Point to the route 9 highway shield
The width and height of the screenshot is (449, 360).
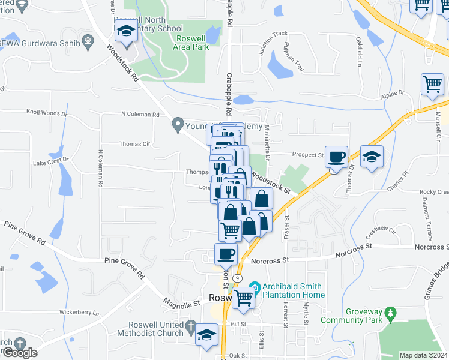coord(238,278)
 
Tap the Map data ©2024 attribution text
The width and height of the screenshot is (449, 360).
coord(424,355)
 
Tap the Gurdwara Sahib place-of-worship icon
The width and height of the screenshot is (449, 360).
coord(89,41)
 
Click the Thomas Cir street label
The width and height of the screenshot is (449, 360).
coord(134,144)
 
